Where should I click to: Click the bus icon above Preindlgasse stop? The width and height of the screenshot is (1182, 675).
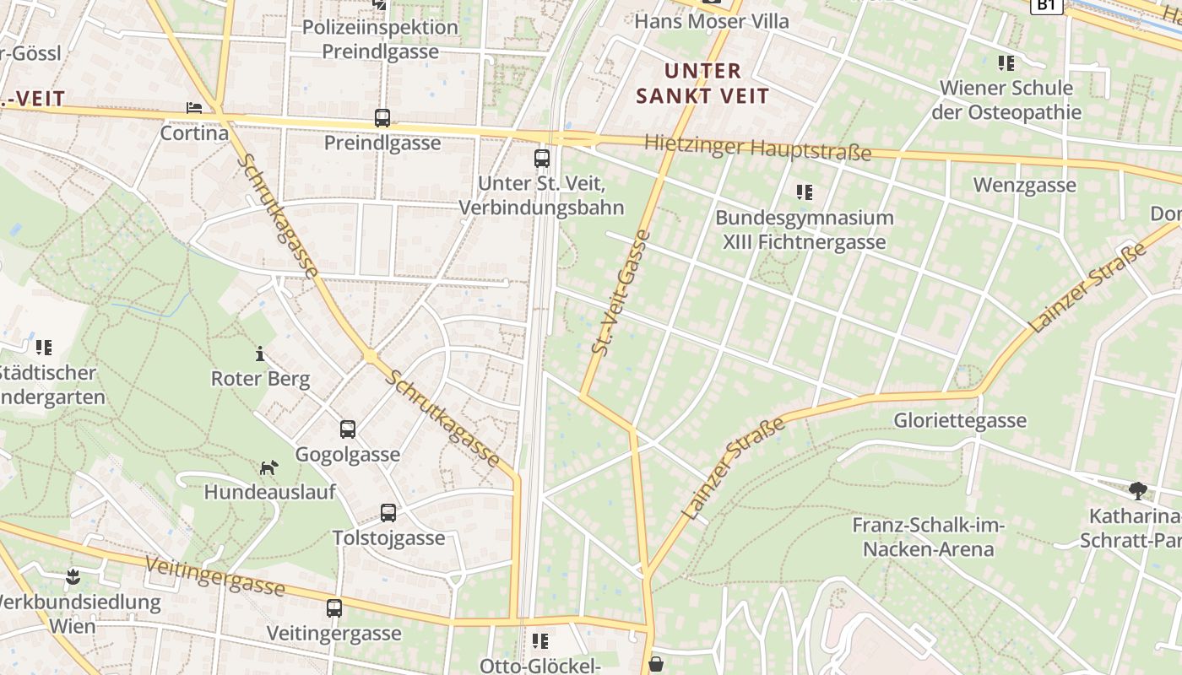pos(382,118)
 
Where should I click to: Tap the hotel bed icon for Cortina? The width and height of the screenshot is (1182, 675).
pos(194,108)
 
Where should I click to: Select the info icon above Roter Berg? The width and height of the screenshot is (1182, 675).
pos(260,354)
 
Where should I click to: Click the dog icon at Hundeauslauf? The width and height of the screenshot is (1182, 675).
pos(269,467)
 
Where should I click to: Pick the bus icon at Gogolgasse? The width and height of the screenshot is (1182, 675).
pos(348,429)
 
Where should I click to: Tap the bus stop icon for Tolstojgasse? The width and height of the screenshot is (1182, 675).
pos(388,513)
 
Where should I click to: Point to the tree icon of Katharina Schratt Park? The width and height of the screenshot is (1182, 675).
pos(1138,491)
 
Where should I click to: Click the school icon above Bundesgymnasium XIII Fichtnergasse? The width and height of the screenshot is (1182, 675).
pos(805,192)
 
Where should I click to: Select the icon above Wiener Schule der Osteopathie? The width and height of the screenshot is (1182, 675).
pos(1006,62)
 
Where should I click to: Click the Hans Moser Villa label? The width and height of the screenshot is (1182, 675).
pos(711,21)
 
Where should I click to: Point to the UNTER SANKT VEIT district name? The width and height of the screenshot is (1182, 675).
pos(702,84)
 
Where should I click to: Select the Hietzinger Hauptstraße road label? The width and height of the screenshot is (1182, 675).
pos(757,148)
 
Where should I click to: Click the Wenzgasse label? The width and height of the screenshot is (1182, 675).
pos(1024,185)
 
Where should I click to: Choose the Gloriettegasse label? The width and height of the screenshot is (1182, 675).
pos(960,420)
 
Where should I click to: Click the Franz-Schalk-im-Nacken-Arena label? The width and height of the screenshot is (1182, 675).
pos(928,537)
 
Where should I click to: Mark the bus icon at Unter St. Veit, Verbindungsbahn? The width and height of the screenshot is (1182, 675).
pos(542,158)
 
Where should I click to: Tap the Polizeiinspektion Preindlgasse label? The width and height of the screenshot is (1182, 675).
pos(380,39)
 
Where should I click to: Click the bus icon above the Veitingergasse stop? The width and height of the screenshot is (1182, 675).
pos(334,607)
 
